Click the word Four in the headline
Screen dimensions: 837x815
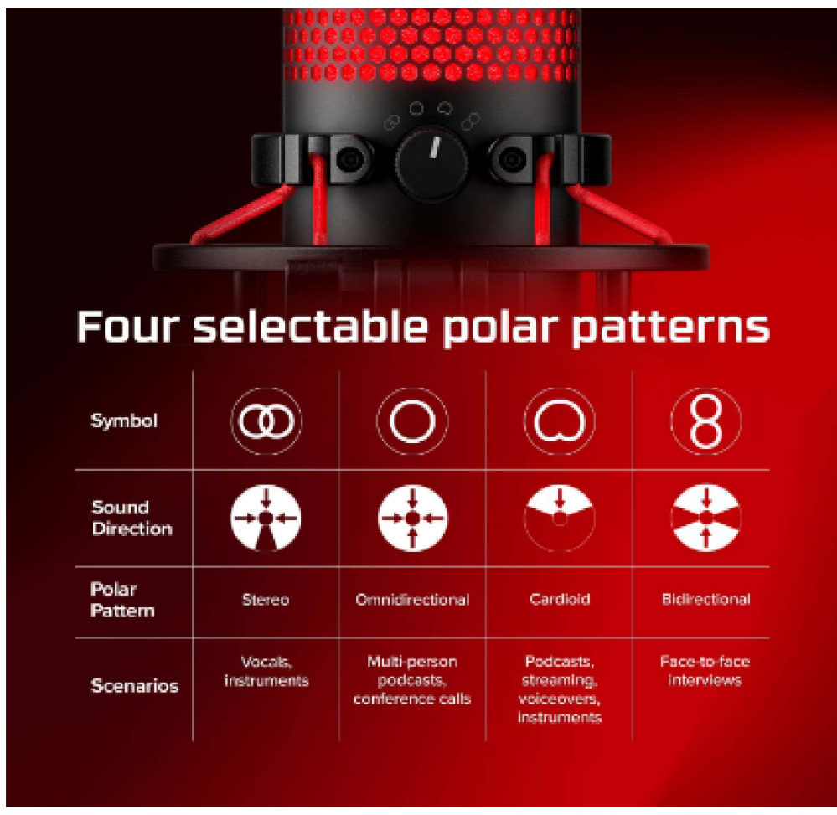coord(127,326)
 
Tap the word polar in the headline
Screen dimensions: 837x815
coord(500,328)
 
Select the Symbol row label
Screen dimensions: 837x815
coord(124,421)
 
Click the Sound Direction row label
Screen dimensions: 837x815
coord(132,518)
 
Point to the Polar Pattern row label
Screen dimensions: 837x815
coord(122,600)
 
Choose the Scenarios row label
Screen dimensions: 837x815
coord(135,686)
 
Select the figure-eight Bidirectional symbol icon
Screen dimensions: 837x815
coord(705,421)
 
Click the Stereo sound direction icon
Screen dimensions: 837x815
coord(266,518)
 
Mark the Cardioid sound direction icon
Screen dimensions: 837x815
coord(560,502)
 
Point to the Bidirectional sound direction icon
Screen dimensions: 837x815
coord(706,518)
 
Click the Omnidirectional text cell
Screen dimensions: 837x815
coord(412,600)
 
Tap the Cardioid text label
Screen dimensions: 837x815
coord(560,600)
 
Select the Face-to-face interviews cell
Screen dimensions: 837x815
coord(705,671)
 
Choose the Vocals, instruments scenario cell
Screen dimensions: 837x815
coord(266,672)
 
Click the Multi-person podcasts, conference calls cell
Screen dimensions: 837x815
coord(412,680)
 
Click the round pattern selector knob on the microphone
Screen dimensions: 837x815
coord(431,162)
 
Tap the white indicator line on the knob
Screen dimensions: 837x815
coord(435,147)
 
